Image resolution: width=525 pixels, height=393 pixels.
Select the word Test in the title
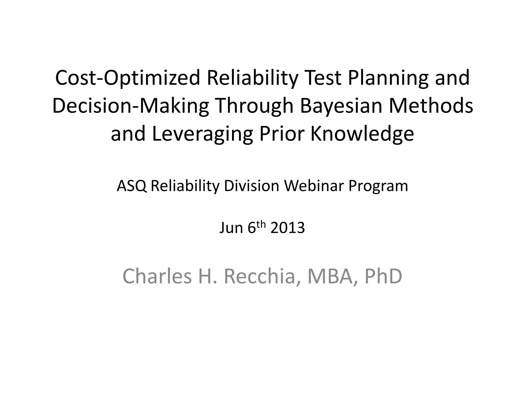click(322, 78)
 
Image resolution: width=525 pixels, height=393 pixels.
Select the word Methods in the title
click(431, 106)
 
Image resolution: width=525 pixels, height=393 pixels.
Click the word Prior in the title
click(282, 134)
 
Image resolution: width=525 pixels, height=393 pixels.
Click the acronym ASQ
click(132, 186)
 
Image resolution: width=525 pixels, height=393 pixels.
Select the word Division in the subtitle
click(251, 186)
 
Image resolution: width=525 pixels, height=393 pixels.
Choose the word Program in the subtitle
click(378, 186)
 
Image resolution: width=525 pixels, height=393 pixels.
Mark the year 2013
click(288, 228)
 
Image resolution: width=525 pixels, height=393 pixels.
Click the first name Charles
click(157, 277)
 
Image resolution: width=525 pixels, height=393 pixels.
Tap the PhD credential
click(383, 277)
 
